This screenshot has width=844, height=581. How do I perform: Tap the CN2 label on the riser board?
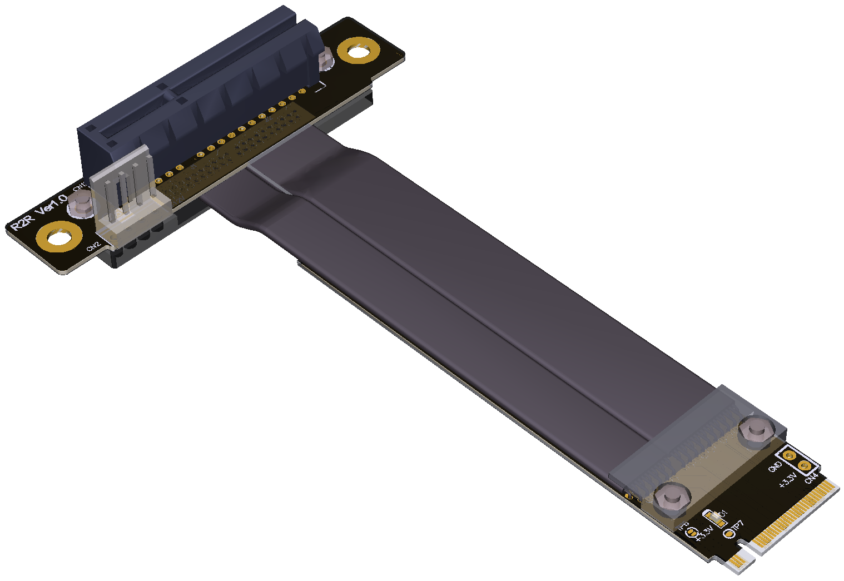[93, 246]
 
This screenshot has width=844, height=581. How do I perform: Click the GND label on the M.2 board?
[775, 467]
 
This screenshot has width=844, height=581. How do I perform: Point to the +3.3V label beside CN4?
[788, 480]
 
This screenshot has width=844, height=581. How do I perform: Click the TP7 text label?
[737, 526]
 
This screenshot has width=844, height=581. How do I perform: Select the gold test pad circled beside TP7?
[728, 534]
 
